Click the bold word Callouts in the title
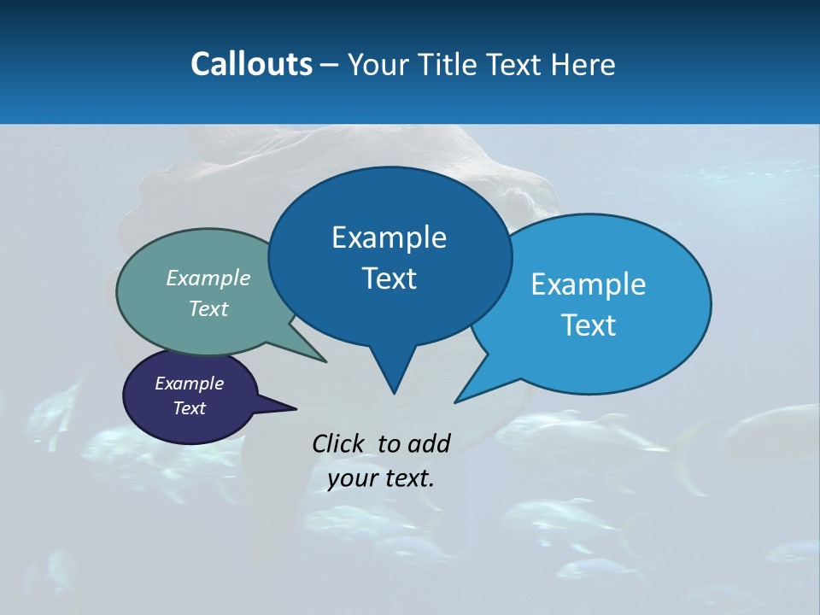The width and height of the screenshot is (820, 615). pos(251,64)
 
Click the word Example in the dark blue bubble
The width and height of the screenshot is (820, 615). pos(389,237)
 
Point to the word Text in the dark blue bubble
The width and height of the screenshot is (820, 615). pos(389,278)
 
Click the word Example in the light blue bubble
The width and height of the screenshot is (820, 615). pos(589,284)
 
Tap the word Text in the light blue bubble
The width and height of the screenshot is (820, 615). pos(589,325)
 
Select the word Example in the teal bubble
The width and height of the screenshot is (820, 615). pos(208,278)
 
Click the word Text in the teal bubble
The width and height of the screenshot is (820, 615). pos(208,308)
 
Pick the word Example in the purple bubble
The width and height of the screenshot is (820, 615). pos(190,384)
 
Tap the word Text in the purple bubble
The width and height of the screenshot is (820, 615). pos(190,408)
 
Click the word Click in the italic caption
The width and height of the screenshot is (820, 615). pos(340,443)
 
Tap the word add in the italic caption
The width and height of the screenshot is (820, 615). pos(429,443)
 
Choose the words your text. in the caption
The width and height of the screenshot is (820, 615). pos(381,479)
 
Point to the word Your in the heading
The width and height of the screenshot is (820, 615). pos(376,64)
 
